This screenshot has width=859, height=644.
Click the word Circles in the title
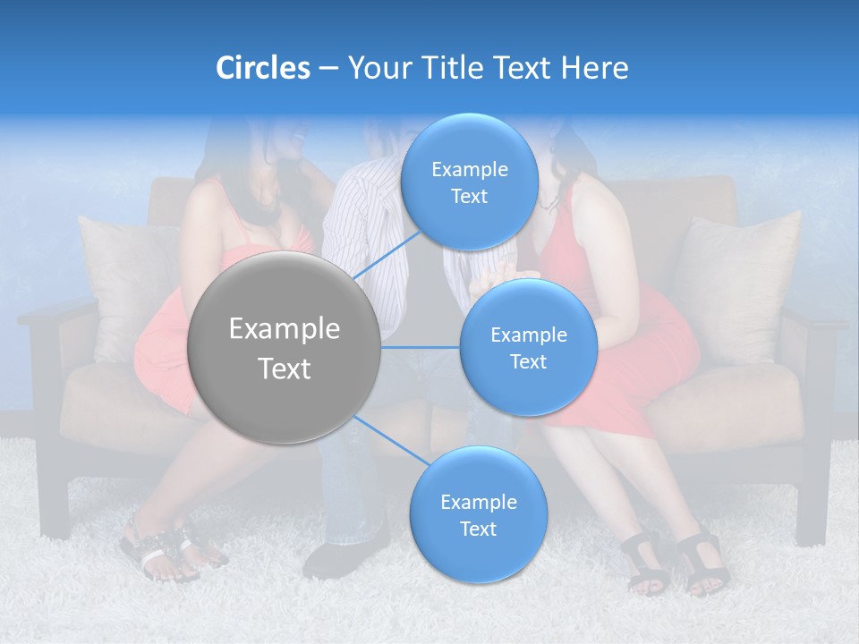coord(263,68)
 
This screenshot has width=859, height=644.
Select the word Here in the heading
coord(594,68)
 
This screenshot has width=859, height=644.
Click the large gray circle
coord(285,347)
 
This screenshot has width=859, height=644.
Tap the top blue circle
coord(469,182)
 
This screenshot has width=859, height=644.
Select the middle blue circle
coord(528,347)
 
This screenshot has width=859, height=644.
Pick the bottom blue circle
coord(478,514)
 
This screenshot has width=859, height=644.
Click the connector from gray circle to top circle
coord(387,255)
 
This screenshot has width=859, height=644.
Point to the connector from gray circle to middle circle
coord(421,347)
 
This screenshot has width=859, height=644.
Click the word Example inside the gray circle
coord(285,329)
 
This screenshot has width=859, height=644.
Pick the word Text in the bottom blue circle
coord(478,529)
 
